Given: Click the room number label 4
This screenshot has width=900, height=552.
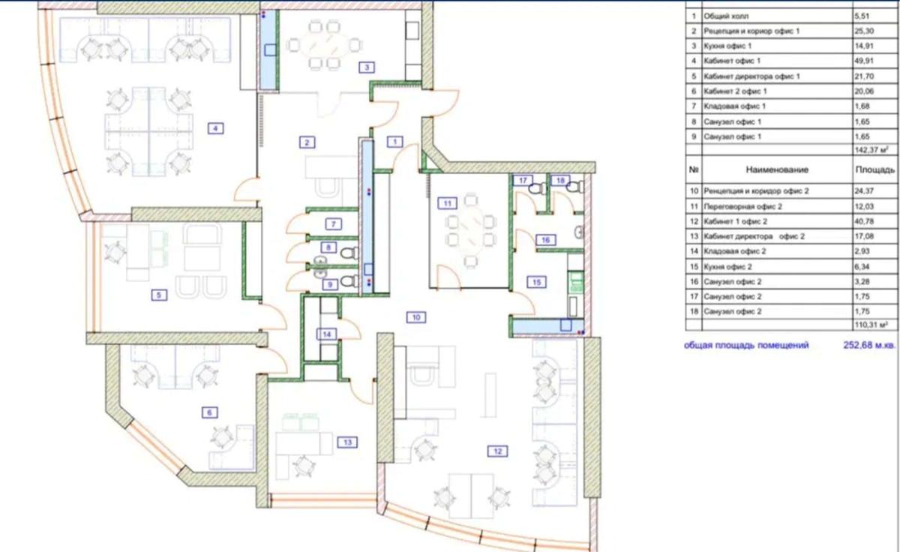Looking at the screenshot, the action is [216, 128].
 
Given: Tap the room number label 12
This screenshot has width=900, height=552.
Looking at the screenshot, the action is [497, 451].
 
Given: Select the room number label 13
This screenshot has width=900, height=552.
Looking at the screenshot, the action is [347, 442].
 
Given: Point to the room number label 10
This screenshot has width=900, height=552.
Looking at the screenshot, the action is [415, 317].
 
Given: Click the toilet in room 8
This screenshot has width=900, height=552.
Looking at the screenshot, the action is [349, 253].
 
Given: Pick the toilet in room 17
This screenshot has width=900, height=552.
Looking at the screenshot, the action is [537, 188].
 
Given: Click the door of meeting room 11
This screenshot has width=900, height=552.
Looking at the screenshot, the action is [448, 277].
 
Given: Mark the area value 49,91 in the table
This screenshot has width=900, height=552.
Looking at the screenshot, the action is [864, 61].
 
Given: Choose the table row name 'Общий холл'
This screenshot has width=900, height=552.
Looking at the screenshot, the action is [726, 16].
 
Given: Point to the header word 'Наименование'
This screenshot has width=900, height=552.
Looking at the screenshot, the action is [777, 169].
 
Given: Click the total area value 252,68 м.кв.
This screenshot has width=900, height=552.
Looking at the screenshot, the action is [869, 345].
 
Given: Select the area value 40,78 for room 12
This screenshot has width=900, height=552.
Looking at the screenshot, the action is [864, 221].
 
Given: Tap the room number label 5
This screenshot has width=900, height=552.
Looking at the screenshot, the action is [159, 295].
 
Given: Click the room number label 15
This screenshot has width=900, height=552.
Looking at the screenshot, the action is [536, 283].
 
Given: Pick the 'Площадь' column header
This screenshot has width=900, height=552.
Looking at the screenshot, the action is [874, 169].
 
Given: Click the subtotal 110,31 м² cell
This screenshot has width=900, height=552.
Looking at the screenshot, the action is [871, 325].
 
